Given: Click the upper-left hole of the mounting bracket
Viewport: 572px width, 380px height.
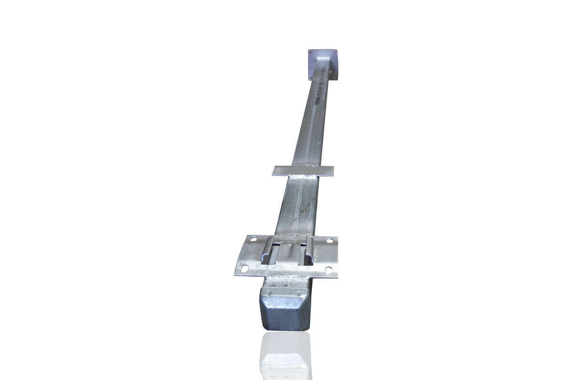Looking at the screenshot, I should [254, 239].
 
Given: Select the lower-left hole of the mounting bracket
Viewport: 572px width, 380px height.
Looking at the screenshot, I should [244, 269].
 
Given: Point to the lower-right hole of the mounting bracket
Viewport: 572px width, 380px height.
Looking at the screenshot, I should [328, 270].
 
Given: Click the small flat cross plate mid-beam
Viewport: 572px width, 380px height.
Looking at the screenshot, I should [303, 170].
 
